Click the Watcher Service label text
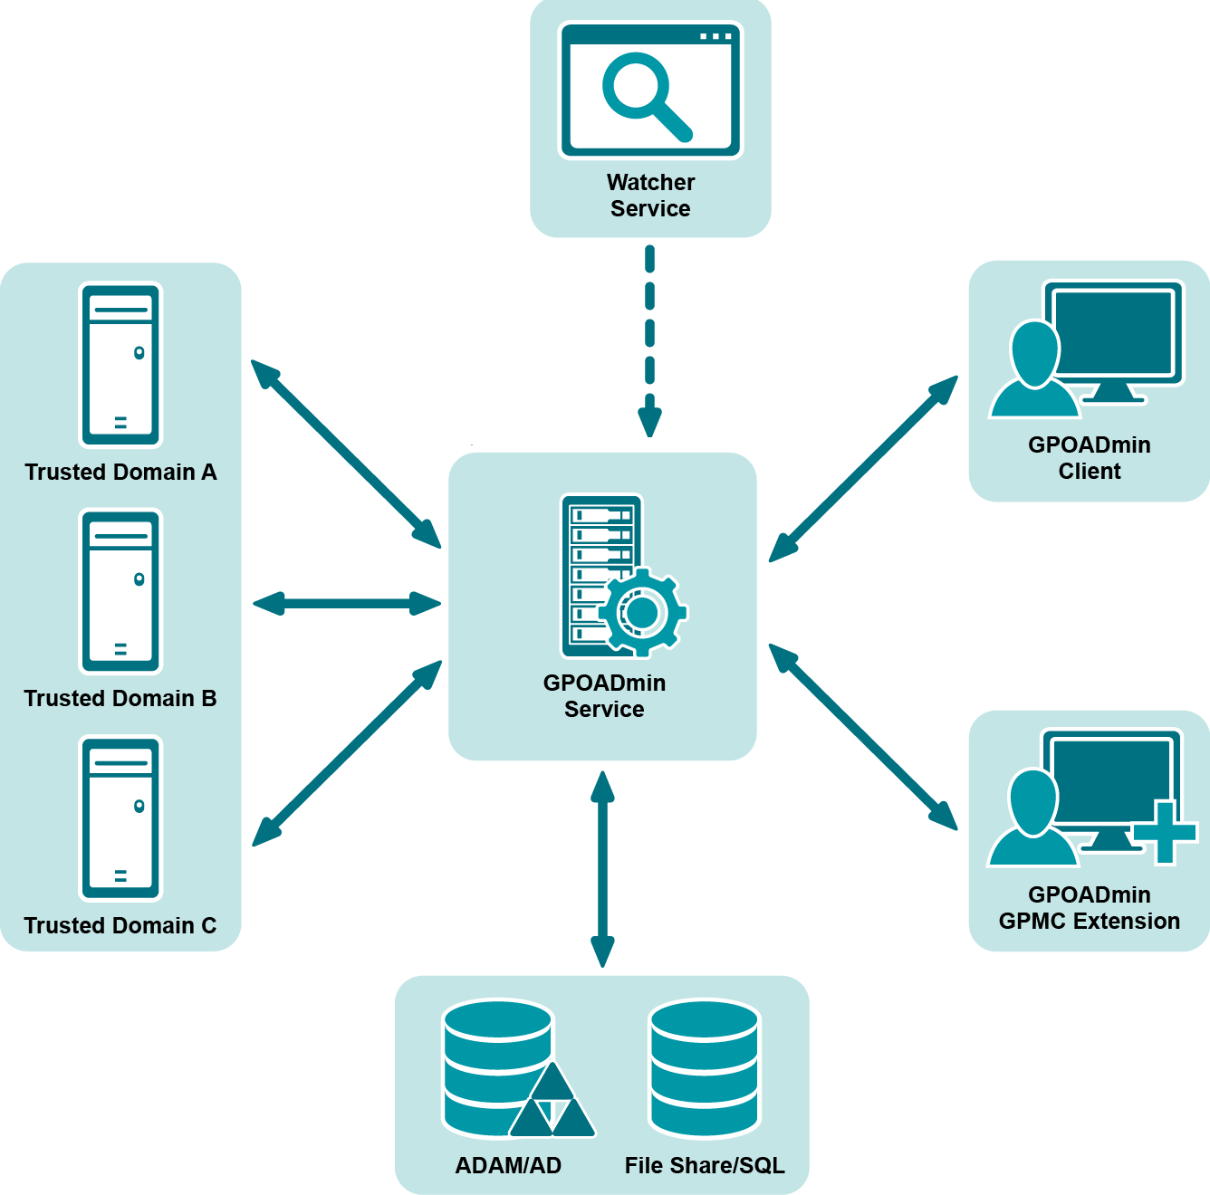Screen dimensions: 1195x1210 click(x=650, y=196)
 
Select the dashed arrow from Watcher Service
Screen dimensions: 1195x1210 click(x=649, y=339)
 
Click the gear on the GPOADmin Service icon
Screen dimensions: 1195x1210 click(x=642, y=612)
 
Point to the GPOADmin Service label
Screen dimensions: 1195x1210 click(x=604, y=696)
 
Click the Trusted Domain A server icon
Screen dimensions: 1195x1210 click(x=120, y=365)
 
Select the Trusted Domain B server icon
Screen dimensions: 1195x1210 click(x=120, y=591)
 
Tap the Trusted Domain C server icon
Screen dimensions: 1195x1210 click(x=120, y=818)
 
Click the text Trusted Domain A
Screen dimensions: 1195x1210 click(x=120, y=473)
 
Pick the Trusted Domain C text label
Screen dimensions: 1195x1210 click(x=120, y=926)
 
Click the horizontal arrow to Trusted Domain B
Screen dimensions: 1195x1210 click(x=347, y=604)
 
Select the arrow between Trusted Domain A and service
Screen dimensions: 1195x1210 click(x=346, y=454)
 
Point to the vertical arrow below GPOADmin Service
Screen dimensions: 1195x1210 click(x=602, y=869)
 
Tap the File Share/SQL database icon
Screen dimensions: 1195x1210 click(x=705, y=1068)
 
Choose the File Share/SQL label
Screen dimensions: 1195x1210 click(x=705, y=1166)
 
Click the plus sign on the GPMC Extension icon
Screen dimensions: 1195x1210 click(x=1166, y=831)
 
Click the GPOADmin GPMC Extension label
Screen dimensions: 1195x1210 click(x=1090, y=908)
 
